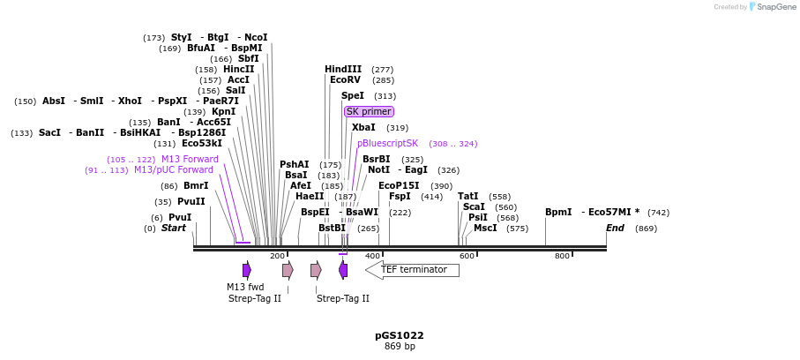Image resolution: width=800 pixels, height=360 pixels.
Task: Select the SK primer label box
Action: point(369,111)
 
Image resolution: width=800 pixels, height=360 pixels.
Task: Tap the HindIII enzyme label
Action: point(343,69)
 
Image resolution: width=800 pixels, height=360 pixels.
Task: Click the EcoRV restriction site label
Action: point(345,79)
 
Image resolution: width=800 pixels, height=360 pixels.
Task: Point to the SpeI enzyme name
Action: point(352,95)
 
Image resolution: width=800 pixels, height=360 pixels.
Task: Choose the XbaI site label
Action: point(363,127)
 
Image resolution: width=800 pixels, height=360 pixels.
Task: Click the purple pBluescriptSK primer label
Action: point(387,143)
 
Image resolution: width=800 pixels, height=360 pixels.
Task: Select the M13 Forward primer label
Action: point(190,159)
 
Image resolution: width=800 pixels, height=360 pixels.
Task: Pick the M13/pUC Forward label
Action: point(174,169)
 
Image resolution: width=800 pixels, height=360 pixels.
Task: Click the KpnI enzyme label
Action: point(223,111)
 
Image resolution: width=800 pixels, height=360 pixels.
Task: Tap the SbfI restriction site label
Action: point(248,58)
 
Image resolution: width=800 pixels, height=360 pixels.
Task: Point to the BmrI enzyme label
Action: point(196,185)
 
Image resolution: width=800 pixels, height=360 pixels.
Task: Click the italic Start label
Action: point(174,228)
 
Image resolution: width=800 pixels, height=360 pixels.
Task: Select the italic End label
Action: point(615,228)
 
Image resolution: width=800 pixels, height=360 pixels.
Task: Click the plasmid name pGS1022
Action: point(400,335)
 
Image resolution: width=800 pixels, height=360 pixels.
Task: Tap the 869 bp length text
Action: point(400,346)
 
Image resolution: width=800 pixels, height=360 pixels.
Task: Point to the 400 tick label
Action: point(372,256)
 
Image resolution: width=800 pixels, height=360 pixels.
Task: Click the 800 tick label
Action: point(562,256)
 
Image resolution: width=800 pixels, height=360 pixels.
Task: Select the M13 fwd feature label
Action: point(245,287)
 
